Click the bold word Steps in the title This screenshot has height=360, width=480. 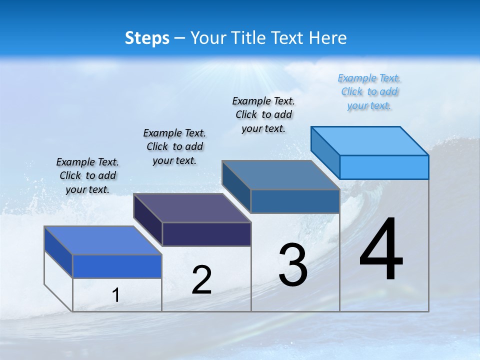[147, 38]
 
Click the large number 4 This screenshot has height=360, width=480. [381, 249]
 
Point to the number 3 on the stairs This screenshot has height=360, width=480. [293, 265]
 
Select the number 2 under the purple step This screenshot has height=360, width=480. [201, 280]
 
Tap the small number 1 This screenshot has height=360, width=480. [116, 295]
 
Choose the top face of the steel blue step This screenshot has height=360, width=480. [281, 175]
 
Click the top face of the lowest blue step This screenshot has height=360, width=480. [103, 240]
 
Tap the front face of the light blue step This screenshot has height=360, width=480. [384, 167]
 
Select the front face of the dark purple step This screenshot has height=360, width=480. [206, 234]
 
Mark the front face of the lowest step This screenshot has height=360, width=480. [117, 266]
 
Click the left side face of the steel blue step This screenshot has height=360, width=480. [236, 187]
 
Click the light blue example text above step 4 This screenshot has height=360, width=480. [369, 92]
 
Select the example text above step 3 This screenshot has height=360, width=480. [263, 114]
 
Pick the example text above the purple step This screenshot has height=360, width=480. [174, 146]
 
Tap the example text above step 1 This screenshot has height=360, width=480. [87, 175]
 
